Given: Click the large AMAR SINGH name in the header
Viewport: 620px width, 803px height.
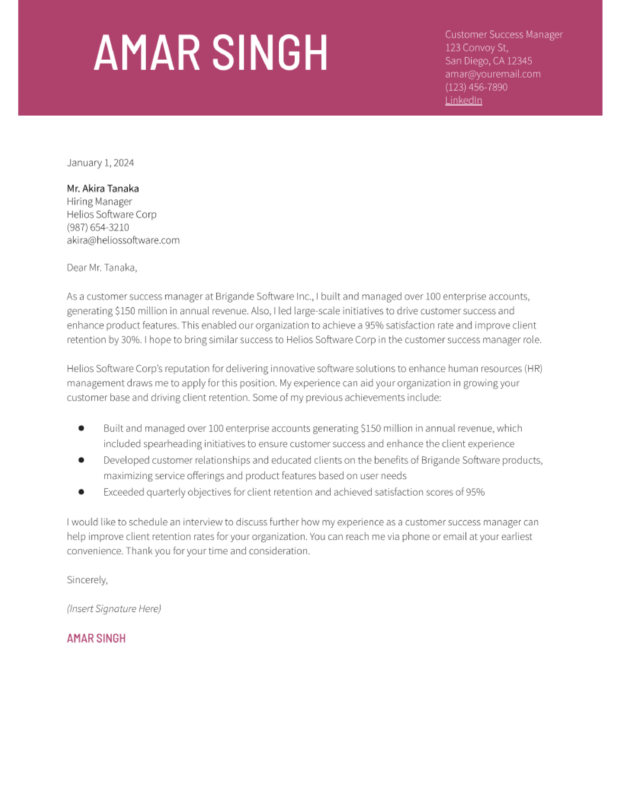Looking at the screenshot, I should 211,53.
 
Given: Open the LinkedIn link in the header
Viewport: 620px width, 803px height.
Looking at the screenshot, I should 463,100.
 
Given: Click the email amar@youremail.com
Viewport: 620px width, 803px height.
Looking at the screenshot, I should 493,74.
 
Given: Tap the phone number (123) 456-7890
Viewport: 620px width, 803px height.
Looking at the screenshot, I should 476,87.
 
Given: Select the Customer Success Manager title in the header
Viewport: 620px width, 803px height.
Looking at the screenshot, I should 504,35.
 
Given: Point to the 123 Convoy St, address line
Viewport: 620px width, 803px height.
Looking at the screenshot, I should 476,48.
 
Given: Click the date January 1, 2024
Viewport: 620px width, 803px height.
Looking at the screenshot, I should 100,163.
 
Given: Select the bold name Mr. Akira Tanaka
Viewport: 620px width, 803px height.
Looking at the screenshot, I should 103,189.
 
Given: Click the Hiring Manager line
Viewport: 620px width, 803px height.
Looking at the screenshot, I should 99,201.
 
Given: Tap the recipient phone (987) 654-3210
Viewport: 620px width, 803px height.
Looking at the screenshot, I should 98,227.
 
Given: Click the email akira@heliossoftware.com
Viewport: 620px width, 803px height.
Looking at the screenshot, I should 123,240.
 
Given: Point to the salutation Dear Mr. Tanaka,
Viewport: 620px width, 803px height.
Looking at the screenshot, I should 102,268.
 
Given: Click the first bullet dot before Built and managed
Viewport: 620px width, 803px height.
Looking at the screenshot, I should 81,428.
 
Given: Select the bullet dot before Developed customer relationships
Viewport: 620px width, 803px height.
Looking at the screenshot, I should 81,460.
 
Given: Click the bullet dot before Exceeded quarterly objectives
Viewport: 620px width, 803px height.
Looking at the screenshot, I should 81,492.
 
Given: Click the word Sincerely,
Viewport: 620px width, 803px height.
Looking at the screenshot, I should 87,580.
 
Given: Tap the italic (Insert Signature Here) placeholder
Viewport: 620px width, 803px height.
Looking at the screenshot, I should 114,609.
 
